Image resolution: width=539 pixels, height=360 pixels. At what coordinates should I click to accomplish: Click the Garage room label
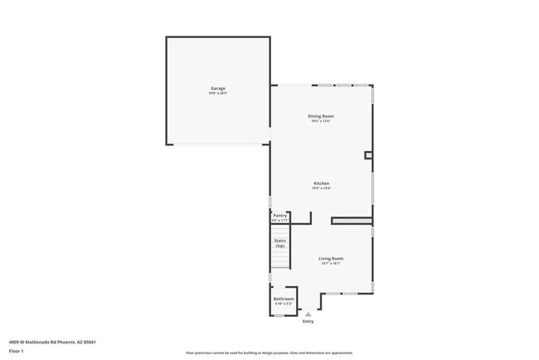(218, 88)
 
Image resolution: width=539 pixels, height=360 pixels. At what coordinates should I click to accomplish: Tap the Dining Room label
(323, 116)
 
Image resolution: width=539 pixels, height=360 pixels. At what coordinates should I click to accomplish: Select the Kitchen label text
(322, 183)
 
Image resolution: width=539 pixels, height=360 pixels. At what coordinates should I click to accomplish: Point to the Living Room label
(331, 258)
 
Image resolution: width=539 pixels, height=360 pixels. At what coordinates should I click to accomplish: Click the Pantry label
(280, 216)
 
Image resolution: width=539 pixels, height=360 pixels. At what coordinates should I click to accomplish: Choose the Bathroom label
(284, 299)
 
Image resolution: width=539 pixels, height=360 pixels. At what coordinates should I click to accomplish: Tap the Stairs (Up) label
(280, 243)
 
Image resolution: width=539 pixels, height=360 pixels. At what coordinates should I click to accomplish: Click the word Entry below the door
(308, 322)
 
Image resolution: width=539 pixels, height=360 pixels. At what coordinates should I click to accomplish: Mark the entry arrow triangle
(308, 314)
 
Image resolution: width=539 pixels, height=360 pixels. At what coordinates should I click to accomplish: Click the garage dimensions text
(218, 93)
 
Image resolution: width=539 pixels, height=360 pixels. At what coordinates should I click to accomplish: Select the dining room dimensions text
(323, 121)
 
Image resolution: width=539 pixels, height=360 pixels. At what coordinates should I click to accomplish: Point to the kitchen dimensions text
(322, 188)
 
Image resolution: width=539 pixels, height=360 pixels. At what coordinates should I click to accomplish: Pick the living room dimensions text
(331, 263)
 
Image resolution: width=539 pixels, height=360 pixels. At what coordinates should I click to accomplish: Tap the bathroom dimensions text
(284, 304)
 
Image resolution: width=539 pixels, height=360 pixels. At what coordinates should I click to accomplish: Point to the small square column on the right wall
(368, 154)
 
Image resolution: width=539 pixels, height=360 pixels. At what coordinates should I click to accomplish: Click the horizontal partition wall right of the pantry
(351, 221)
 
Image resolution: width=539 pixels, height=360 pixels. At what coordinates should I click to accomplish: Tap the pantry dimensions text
(280, 221)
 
